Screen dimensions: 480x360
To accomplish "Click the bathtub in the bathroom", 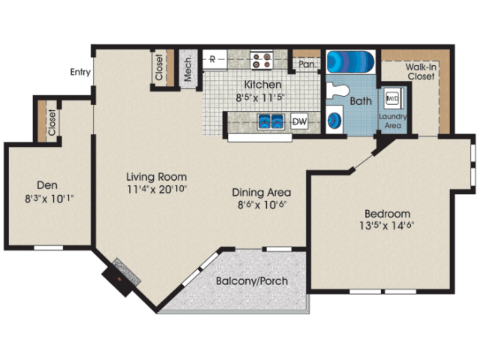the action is coord(351,61).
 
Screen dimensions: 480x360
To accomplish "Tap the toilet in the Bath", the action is coord(337,91).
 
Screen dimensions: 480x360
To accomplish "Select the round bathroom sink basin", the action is coord(334,120).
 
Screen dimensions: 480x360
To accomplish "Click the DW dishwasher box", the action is coord(299,121).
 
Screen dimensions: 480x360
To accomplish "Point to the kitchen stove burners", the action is coord(262,60).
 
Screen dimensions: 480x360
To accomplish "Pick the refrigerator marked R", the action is coord(214,60).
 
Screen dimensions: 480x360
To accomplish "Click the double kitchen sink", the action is coord(271,121).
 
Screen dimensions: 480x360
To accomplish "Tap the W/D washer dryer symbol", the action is coord(392,98).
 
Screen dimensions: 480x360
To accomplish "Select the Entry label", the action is coord(80,72).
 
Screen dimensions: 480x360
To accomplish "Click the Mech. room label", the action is coord(187,68).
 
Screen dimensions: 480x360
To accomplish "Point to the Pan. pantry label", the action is coord(307,64).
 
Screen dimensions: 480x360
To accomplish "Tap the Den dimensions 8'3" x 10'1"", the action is coord(49,199).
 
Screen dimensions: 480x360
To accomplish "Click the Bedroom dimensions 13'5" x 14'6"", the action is coord(387,226).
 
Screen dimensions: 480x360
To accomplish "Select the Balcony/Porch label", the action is coord(252,280).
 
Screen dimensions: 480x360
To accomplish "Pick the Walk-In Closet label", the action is coord(421,72).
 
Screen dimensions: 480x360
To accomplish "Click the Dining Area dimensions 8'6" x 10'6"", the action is coord(262,204).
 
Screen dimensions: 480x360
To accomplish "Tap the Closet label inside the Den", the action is coord(52,122).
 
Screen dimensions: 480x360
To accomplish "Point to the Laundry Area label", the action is coord(393,121).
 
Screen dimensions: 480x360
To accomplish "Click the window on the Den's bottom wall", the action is coord(48,247).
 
